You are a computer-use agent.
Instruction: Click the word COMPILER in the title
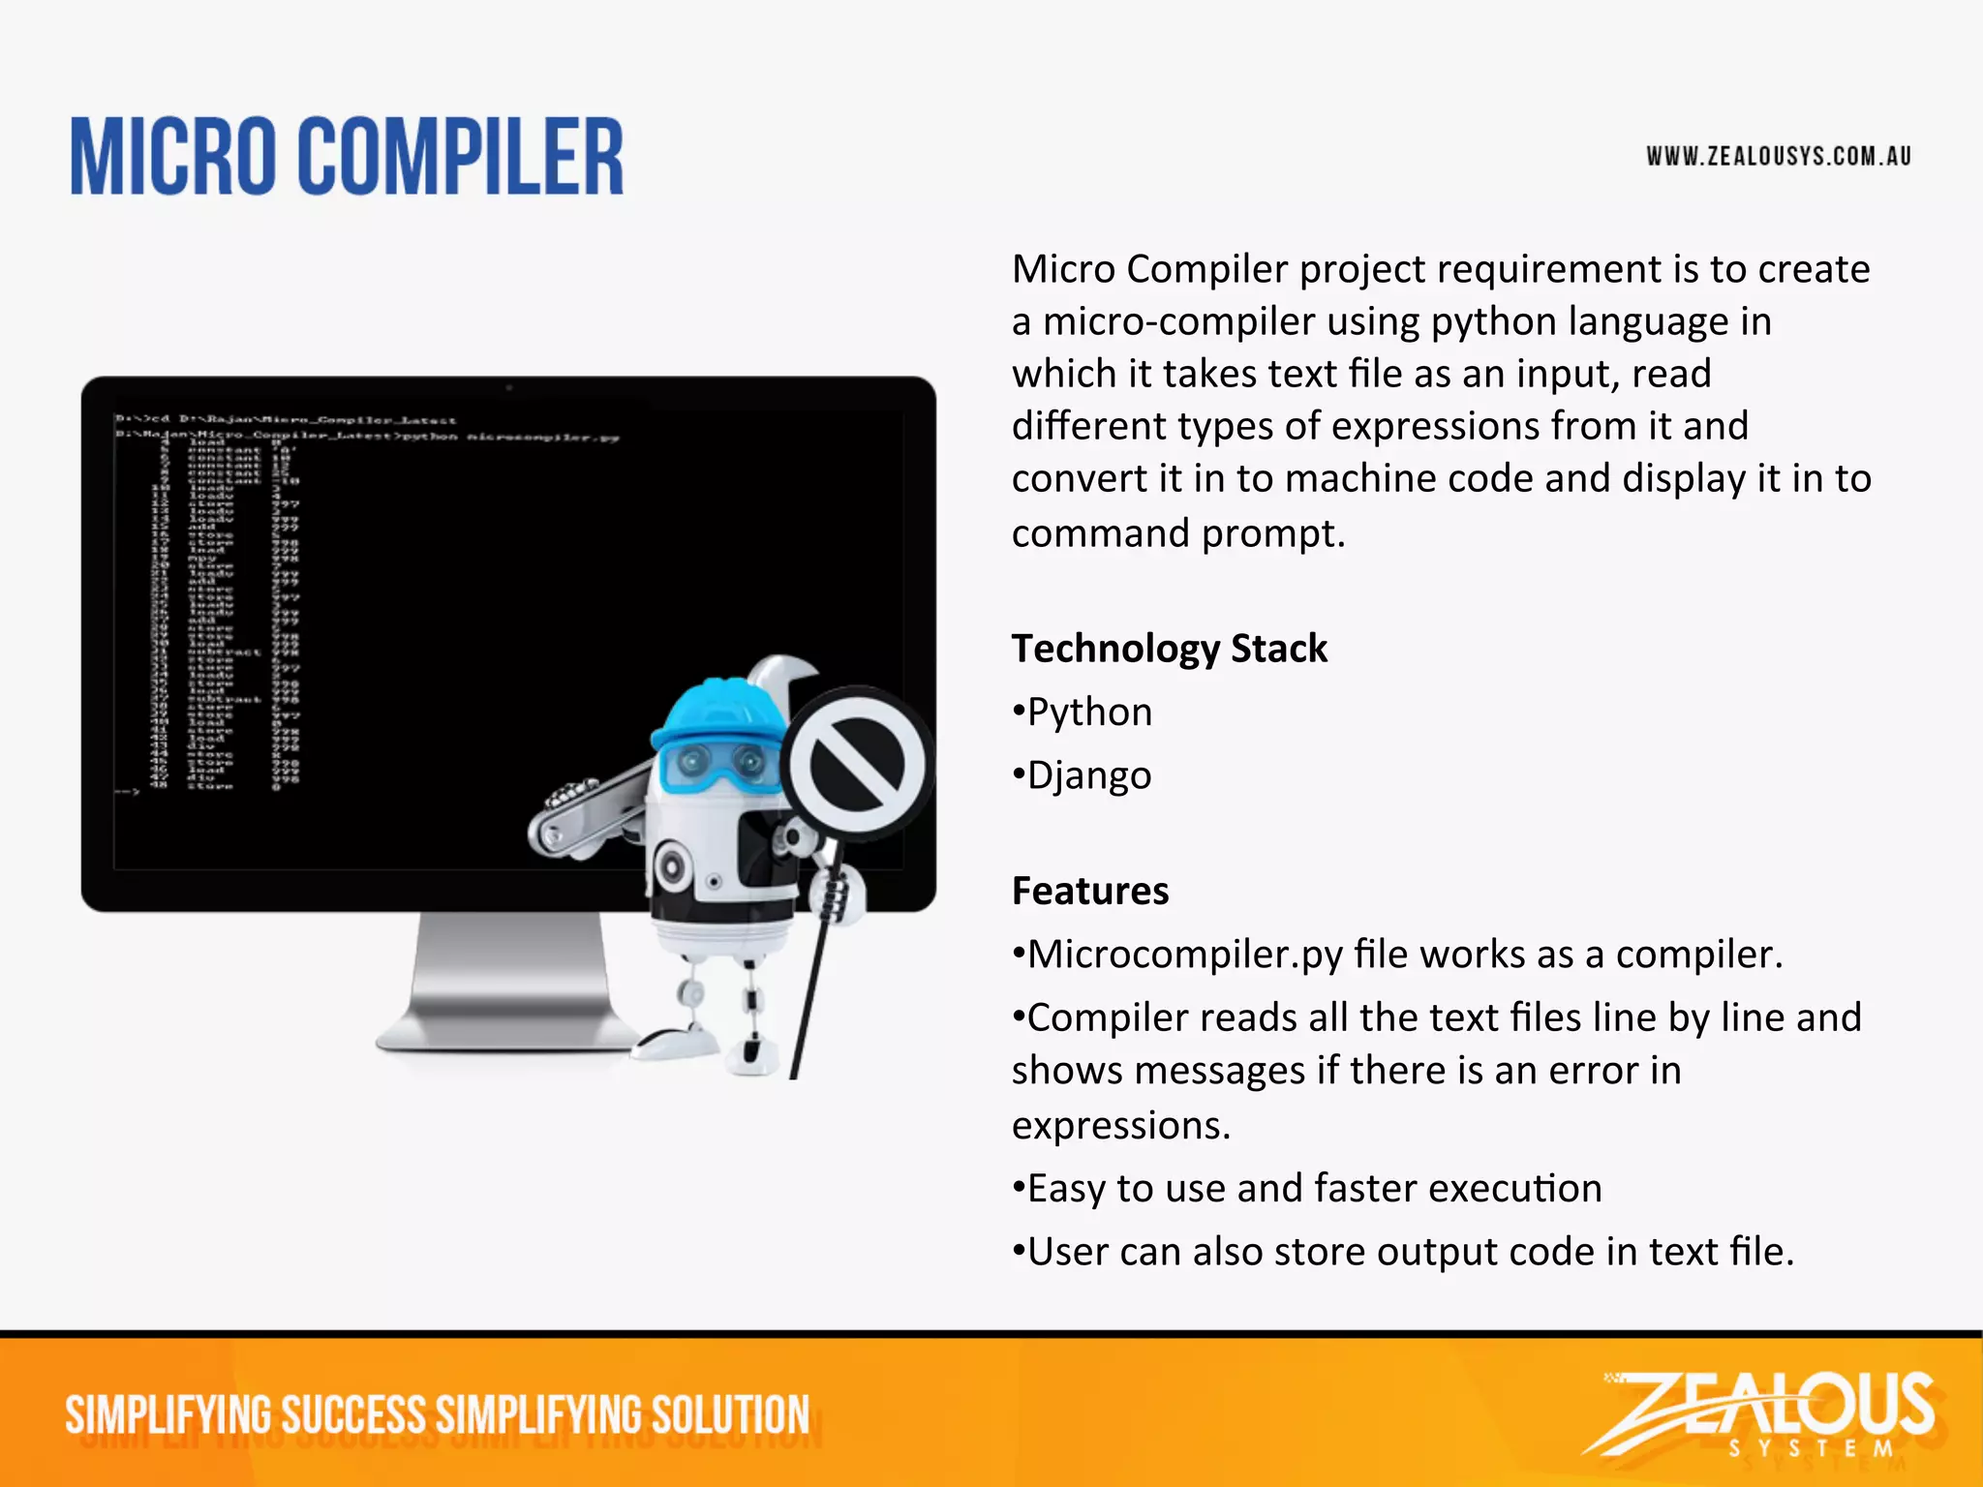(460, 157)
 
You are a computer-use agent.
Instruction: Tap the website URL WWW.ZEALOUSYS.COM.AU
(1779, 157)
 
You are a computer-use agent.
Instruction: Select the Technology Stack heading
(1169, 649)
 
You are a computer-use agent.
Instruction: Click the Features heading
(1090, 891)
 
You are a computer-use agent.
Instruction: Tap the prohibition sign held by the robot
(856, 764)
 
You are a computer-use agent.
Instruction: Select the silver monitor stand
(508, 987)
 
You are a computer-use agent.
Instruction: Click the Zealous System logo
(1762, 1413)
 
